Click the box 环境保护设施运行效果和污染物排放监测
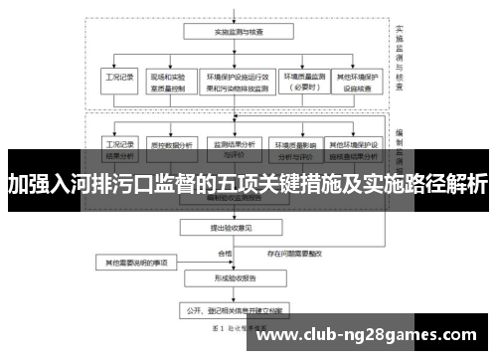click(x=238, y=80)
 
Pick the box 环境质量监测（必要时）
click(x=305, y=80)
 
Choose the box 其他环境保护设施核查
click(x=360, y=80)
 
